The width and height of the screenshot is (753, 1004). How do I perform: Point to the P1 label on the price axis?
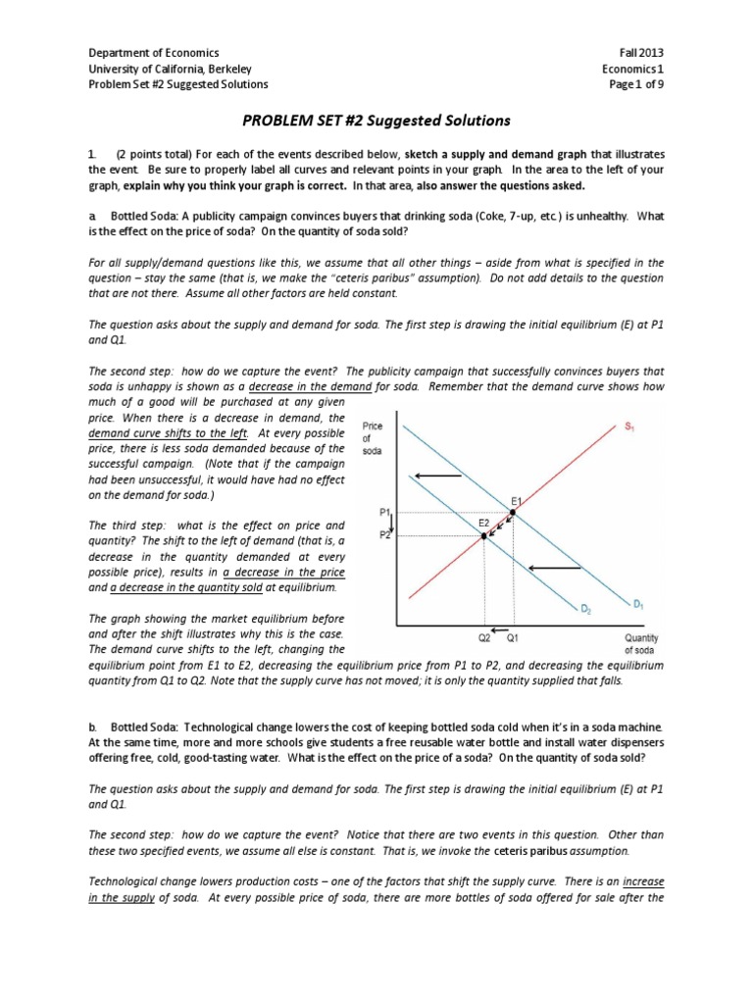point(385,512)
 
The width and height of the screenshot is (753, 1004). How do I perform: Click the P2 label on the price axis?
point(385,535)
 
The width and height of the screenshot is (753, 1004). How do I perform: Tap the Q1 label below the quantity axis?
point(513,635)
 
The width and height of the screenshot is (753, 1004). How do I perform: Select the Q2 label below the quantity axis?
point(483,635)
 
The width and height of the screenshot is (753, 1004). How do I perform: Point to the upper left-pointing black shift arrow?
point(437,477)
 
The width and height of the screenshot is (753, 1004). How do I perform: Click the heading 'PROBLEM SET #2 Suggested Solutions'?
point(376,121)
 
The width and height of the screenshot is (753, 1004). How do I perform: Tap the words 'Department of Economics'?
point(154,52)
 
